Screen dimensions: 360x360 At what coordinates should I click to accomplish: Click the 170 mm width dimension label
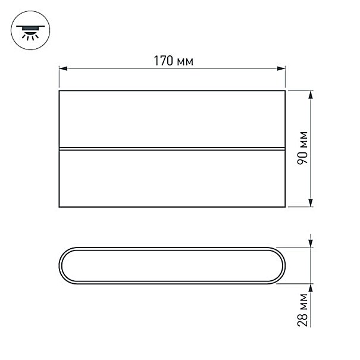click(174, 61)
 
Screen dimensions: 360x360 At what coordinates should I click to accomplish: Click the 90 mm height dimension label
click(302, 148)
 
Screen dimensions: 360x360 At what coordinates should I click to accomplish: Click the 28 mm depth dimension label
click(302, 310)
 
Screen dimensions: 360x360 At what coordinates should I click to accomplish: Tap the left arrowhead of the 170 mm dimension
click(63, 68)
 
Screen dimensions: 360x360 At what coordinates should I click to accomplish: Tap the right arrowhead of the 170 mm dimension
click(281, 68)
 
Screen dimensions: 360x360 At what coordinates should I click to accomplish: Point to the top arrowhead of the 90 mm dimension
click(311, 95)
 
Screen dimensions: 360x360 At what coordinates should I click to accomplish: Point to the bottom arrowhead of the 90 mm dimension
click(311, 203)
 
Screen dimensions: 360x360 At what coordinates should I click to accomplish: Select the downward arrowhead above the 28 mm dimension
click(311, 243)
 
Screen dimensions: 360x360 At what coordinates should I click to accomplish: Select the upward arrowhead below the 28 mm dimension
click(311, 288)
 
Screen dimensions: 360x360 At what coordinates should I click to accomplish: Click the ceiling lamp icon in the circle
click(30, 32)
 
